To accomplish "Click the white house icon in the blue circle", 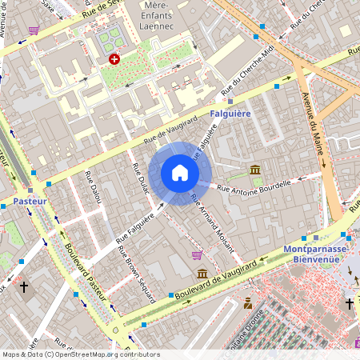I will pos(180,173).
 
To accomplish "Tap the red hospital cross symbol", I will pos(114,59).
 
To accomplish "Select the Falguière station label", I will pos(230,114).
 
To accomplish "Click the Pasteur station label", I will pos(30,202).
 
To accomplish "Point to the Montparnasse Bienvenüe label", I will pos(317,254).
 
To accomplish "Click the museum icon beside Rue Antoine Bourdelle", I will pos(255,170).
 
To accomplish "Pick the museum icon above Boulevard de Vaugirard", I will pos(202,274).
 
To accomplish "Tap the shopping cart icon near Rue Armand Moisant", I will pos(197,255).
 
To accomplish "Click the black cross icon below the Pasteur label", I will pos(24,286).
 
